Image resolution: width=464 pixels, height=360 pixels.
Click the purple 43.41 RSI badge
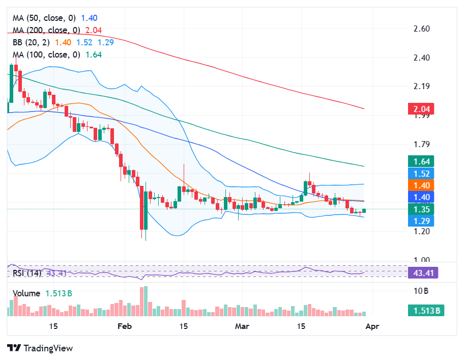coord(423,273)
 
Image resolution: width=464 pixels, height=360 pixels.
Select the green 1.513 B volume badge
coord(425,310)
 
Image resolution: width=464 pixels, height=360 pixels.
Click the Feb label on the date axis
coord(124,326)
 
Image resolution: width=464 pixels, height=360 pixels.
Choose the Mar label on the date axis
coord(242,326)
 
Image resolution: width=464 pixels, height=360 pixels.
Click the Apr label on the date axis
coord(371,326)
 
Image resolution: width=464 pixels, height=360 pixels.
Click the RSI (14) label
coord(27,273)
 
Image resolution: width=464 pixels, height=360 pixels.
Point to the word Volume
coord(26,294)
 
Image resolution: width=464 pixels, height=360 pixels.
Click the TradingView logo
coord(40,348)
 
